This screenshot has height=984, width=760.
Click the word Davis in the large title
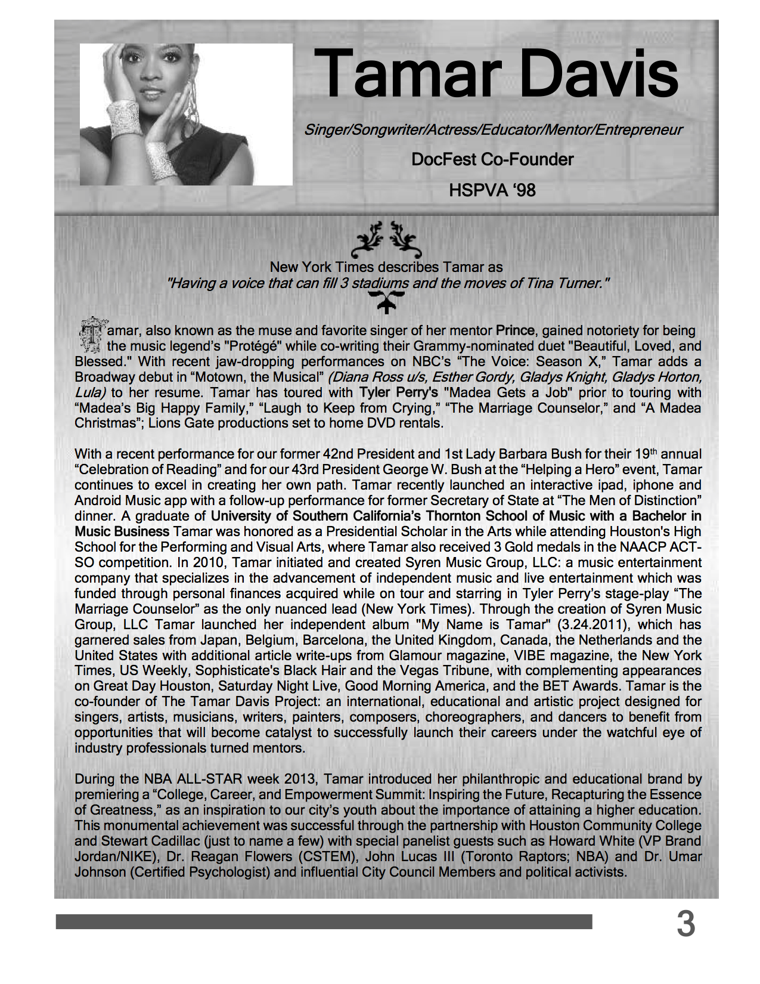(x=598, y=74)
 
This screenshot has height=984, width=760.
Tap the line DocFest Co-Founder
(x=492, y=160)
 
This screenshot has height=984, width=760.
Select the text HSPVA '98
(x=492, y=191)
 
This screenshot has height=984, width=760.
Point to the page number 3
(x=685, y=924)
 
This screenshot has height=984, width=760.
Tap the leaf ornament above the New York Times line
(x=386, y=240)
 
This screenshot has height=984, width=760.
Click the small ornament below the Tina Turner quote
(x=386, y=303)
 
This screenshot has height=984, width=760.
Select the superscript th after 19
(x=654, y=451)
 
